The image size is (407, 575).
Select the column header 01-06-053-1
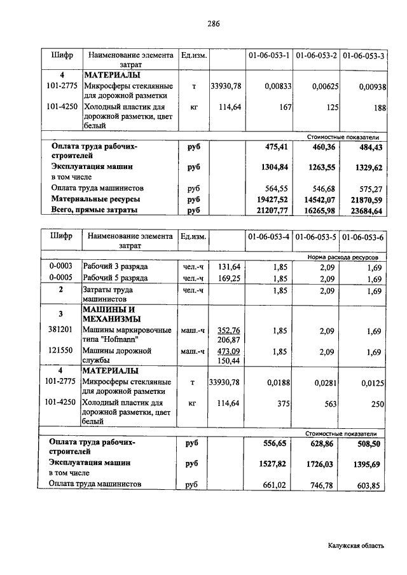(x=269, y=56)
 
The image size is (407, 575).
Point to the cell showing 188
(x=380, y=109)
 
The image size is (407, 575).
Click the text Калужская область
(x=357, y=545)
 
